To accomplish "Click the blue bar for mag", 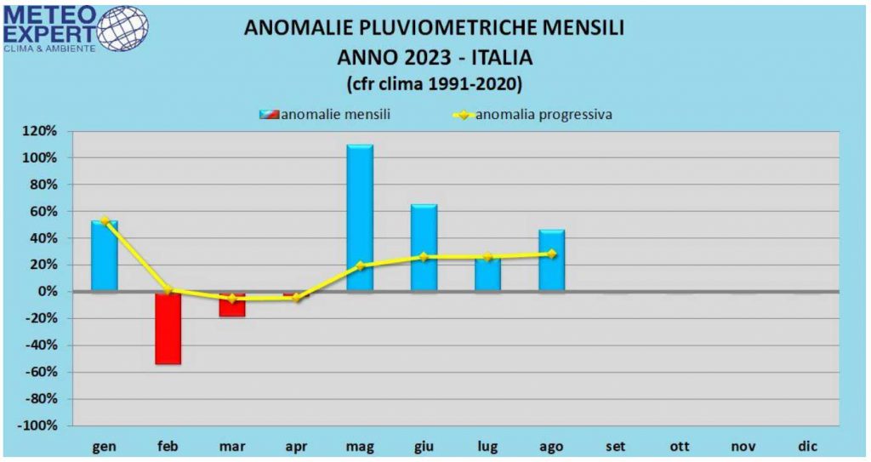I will [360, 218].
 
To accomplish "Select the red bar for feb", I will [168, 328].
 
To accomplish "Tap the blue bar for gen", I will [105, 255].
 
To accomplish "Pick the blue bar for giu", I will [424, 248].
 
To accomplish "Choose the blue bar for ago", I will [551, 260].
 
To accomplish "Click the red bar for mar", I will [231, 305].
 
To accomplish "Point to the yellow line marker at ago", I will [552, 254].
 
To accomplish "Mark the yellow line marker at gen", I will [105, 220].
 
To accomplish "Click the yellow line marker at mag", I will [360, 265].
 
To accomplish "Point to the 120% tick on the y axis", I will [42, 131].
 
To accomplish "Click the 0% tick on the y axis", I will [48, 292].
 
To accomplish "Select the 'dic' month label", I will [806, 446].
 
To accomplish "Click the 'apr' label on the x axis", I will [295, 446].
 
